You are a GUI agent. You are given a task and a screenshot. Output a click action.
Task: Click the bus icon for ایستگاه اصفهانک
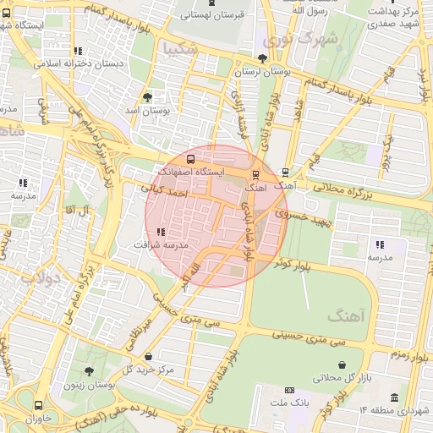[x=189, y=158]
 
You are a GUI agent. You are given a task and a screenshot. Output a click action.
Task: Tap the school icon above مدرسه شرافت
[x=161, y=232]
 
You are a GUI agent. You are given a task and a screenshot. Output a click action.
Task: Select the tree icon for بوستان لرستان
[x=261, y=59]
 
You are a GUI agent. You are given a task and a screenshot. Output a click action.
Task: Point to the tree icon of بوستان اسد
[x=148, y=97]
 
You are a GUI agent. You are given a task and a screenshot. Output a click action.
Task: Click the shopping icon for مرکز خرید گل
[x=149, y=357]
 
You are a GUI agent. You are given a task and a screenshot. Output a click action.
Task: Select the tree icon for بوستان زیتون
[x=90, y=371]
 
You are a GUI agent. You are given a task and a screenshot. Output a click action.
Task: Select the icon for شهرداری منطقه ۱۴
[x=392, y=397]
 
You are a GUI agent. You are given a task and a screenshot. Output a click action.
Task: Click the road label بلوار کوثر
[x=291, y=264]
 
